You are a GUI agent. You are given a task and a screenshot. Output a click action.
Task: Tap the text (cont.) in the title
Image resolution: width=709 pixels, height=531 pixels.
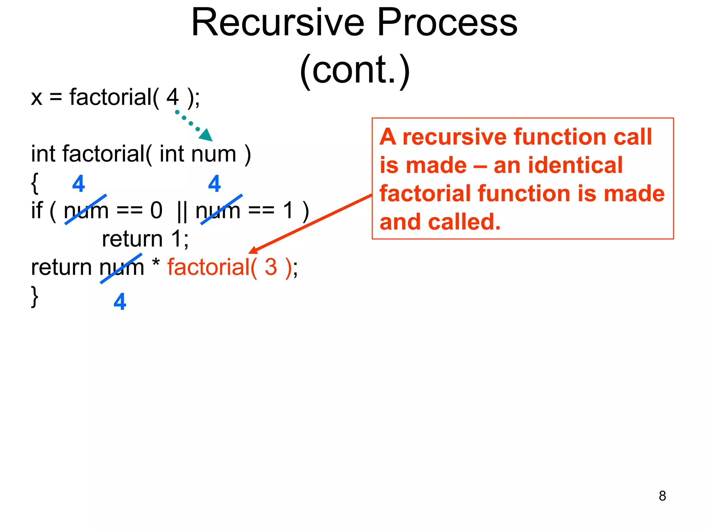tap(354, 69)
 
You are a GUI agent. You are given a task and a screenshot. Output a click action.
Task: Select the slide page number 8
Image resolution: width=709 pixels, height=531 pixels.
tap(662, 496)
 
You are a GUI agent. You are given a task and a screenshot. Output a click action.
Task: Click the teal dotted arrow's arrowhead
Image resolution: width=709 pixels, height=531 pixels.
tap(207, 135)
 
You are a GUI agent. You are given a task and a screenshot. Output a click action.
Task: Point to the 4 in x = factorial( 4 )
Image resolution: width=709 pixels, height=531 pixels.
tap(172, 97)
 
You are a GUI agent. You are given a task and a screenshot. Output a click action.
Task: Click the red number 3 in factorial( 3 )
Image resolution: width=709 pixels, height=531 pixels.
tap(271, 267)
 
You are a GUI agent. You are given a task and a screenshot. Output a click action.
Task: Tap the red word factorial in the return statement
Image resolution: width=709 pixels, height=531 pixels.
tap(208, 267)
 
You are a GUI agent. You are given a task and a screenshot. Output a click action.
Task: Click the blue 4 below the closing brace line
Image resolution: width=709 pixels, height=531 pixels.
tap(120, 302)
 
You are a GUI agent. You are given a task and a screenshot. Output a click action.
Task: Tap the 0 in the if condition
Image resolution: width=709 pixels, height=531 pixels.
tap(156, 211)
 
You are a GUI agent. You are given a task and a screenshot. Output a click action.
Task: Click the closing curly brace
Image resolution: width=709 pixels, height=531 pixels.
tap(34, 296)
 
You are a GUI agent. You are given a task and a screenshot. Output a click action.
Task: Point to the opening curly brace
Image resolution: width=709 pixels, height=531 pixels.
tap(34, 184)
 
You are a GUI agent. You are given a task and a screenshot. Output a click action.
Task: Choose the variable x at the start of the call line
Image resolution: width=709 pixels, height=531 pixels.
tap(37, 98)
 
